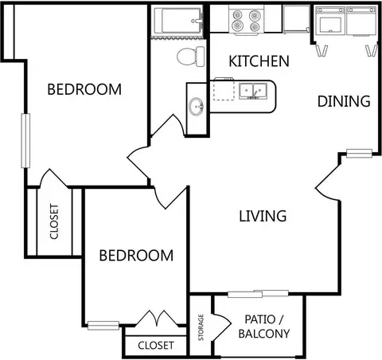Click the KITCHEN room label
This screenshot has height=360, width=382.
pyautogui.click(x=259, y=61)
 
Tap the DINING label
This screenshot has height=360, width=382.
pyautogui.click(x=344, y=101)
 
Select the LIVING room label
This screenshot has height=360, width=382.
pyautogui.click(x=263, y=216)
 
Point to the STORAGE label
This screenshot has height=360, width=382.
pyautogui.click(x=201, y=327)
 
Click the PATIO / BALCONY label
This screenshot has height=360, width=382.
pyautogui.click(x=264, y=327)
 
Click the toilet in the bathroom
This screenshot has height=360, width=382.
pyautogui.click(x=191, y=57)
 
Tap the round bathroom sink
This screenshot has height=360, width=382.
pyautogui.click(x=196, y=107)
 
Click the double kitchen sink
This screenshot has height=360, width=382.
pyautogui.click(x=253, y=91)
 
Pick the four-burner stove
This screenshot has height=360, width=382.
pyautogui.click(x=247, y=20)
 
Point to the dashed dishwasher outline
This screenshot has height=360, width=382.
pyautogui.click(x=224, y=89)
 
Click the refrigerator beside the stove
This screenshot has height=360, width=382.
pyautogui.click(x=296, y=19)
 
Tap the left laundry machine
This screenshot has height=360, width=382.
pyautogui.click(x=330, y=21)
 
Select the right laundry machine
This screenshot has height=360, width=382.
pyautogui.click(x=361, y=21)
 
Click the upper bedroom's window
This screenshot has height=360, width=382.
pyautogui.click(x=25, y=141)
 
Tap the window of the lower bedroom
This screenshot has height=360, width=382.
pyautogui.click(x=103, y=325)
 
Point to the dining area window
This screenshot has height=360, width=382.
pyautogui.click(x=360, y=154)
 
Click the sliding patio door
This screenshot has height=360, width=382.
pyautogui.click(x=258, y=294)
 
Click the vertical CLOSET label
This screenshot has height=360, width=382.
pyautogui.click(x=54, y=221)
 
